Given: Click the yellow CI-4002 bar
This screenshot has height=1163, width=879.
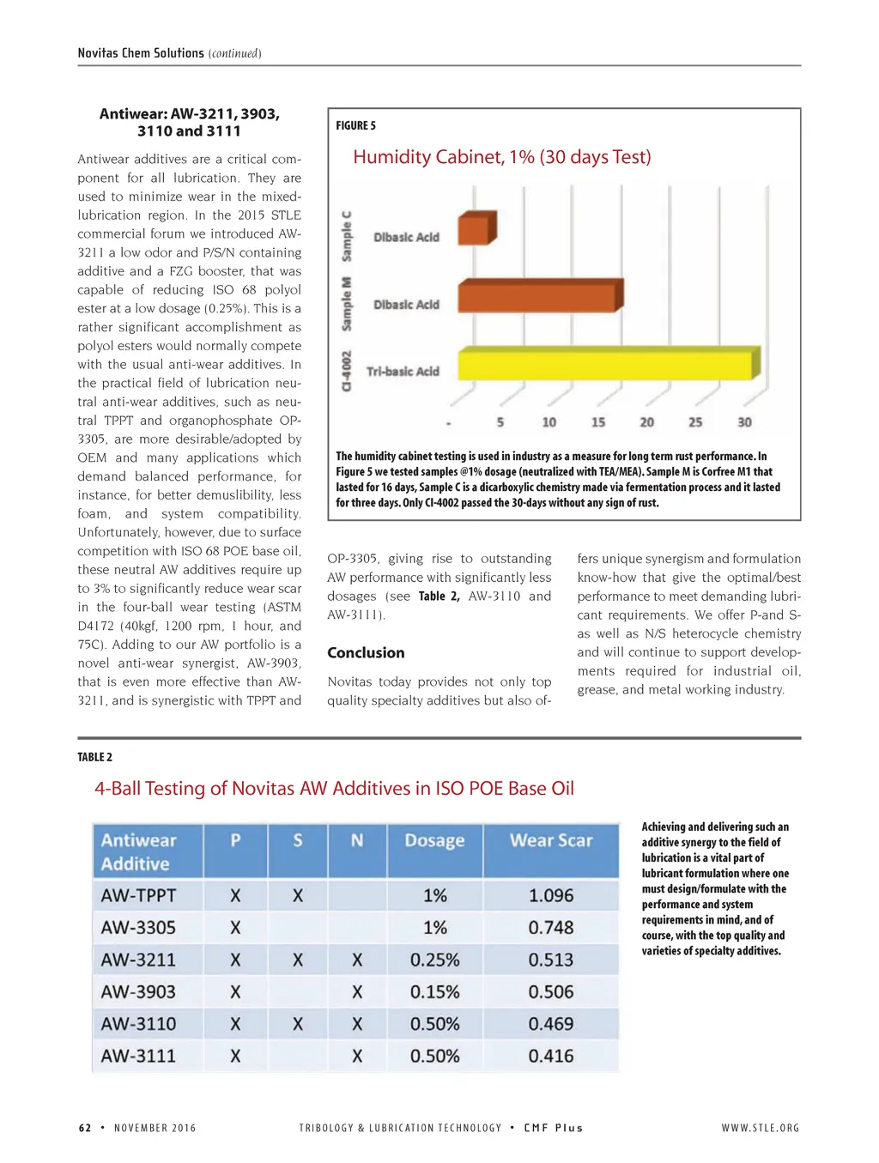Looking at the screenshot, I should pyautogui.click(x=608, y=364).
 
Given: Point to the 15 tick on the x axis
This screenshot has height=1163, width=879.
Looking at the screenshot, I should pyautogui.click(x=598, y=422).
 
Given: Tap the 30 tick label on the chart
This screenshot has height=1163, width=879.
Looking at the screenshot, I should pyautogui.click(x=744, y=422).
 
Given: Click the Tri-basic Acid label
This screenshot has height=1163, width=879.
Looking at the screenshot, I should pyautogui.click(x=403, y=372).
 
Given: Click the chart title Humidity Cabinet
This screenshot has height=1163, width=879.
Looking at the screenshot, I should pyautogui.click(x=501, y=157).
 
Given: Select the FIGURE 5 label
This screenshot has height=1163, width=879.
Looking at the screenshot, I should pyautogui.click(x=355, y=126).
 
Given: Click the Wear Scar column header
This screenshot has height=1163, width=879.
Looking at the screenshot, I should pyautogui.click(x=551, y=841).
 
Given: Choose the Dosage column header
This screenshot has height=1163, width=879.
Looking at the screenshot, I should pyautogui.click(x=434, y=841).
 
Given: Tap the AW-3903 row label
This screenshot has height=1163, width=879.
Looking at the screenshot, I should pyautogui.click(x=138, y=992).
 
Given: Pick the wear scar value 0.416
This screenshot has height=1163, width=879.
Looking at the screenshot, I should pyautogui.click(x=551, y=1057).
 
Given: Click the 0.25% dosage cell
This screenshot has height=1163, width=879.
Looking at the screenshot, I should pyautogui.click(x=434, y=960).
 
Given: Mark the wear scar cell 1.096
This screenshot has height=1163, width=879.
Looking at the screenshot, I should pyautogui.click(x=551, y=896).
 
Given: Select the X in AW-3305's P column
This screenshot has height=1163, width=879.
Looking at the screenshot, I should pyautogui.click(x=235, y=928).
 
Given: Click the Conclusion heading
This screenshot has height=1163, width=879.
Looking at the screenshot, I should pyautogui.click(x=366, y=653).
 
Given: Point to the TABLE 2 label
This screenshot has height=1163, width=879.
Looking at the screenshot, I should pyautogui.click(x=94, y=757).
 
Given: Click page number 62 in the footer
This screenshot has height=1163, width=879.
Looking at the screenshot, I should pyautogui.click(x=85, y=1128).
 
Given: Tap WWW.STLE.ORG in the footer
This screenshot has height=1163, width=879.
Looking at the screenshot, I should pyautogui.click(x=760, y=1128).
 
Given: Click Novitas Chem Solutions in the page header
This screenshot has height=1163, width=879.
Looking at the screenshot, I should pyautogui.click(x=141, y=53).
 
